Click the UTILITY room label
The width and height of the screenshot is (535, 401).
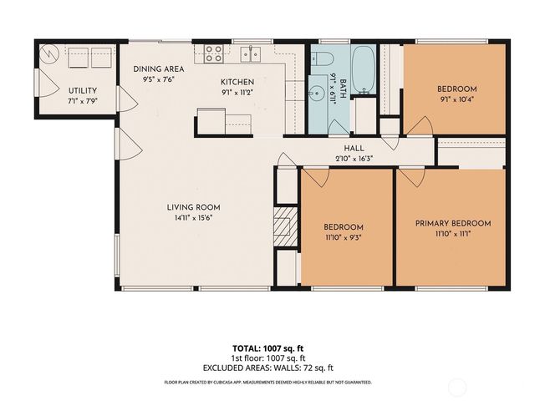[x=83, y=91]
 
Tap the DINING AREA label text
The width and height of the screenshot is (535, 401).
[x=159, y=69]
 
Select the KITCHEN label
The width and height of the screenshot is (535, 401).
[x=237, y=82]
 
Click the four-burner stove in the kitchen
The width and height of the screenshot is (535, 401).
[x=213, y=54]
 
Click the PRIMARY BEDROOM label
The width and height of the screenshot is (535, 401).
[x=451, y=223]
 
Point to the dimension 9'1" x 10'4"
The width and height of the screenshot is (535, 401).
[x=456, y=99]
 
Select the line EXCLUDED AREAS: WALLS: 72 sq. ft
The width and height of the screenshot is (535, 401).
[x=268, y=368]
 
